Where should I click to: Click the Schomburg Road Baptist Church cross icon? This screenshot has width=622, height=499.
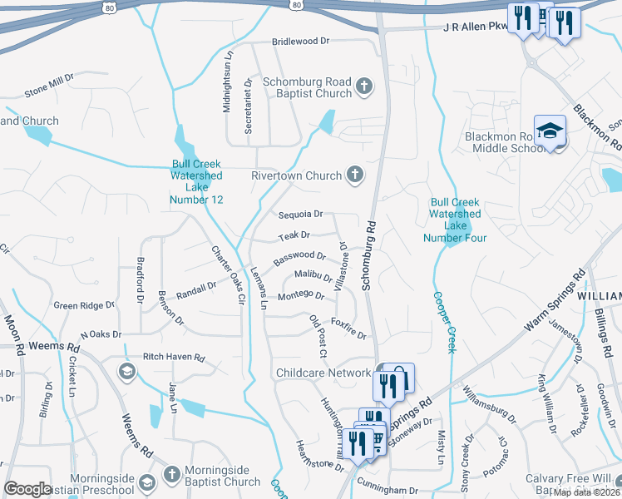[363, 86]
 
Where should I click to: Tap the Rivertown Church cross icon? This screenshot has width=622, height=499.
[355, 175]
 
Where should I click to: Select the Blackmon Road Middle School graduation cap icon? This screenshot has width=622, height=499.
[550, 131]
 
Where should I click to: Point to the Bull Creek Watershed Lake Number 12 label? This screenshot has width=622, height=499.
[196, 181]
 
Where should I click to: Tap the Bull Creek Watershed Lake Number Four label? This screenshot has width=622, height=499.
[454, 220]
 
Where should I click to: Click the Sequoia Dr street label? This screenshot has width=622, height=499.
[300, 215]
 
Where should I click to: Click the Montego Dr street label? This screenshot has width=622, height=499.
[300, 295]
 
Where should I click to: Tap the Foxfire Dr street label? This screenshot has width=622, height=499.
[348, 329]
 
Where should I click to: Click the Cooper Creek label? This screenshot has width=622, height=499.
[443, 322]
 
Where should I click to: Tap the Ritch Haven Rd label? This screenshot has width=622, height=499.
[174, 357]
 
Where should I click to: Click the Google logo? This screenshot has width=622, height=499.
[27, 489]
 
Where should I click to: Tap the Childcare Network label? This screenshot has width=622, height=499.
[323, 373]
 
